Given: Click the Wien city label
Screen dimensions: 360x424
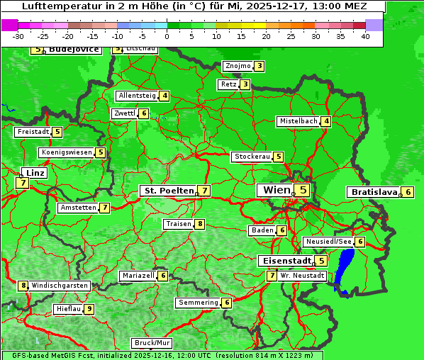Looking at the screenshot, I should [x=277, y=190].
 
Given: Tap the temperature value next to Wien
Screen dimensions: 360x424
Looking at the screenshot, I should [x=303, y=190].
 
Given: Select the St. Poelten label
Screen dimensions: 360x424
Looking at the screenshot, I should [x=168, y=191].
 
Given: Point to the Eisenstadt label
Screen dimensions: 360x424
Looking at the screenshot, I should [x=284, y=261].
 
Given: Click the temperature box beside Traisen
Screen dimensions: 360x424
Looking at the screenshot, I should [x=201, y=224].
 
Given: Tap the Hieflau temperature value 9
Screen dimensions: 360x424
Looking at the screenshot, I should [x=89, y=309].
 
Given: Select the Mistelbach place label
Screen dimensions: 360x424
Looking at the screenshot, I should [x=298, y=121].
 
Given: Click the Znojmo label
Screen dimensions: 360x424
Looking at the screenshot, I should [x=238, y=66].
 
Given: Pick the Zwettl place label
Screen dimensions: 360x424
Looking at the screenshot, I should [x=124, y=113].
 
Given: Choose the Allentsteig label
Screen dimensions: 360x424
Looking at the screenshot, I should [x=137, y=96].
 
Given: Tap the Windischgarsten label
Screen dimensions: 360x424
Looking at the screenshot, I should [x=60, y=286].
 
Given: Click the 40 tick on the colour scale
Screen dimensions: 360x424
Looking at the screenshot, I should [x=365, y=35].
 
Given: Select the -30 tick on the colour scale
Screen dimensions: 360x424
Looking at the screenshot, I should [x=18, y=35].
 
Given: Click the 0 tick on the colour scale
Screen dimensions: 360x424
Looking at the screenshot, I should [x=167, y=35].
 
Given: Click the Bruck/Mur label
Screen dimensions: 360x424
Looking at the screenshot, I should [x=152, y=343].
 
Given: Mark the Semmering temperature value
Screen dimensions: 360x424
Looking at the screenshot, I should [x=227, y=303].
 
